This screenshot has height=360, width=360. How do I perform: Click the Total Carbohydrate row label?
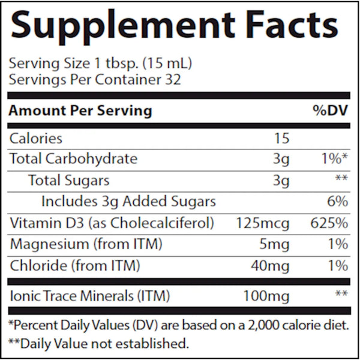coord(74,159)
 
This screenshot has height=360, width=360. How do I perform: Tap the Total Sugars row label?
coord(69,179)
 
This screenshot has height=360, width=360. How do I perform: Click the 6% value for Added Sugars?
coord(337,200)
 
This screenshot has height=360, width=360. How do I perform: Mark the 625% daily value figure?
coord(330,224)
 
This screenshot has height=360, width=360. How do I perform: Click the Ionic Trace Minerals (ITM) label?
coord(90,295)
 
